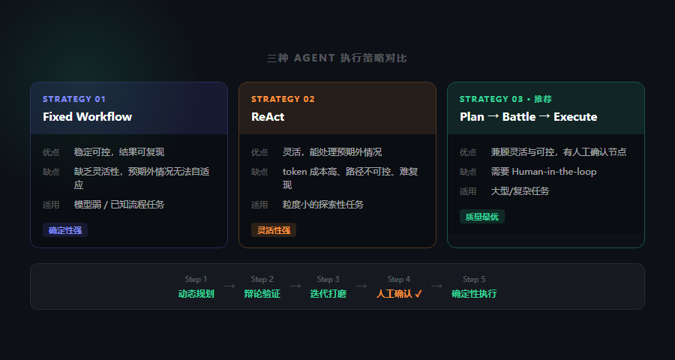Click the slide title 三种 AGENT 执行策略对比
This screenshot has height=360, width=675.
pyautogui.click(x=337, y=58)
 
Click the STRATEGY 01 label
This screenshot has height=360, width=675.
pyautogui.click(x=74, y=99)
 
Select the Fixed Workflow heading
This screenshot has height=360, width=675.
pyautogui.click(x=87, y=117)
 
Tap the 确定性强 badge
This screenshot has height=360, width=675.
pyautogui.click(x=65, y=230)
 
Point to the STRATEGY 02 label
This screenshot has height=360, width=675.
pyautogui.click(x=283, y=99)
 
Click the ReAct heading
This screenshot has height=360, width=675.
pyautogui.click(x=268, y=117)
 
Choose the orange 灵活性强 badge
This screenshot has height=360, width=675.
pyautogui.click(x=274, y=230)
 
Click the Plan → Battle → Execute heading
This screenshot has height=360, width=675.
pyautogui.click(x=528, y=117)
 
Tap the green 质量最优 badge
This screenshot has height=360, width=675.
pyautogui.click(x=482, y=217)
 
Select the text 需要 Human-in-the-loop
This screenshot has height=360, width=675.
pyautogui.click(x=533, y=172)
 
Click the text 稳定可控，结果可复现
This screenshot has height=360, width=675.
pyautogui.click(x=118, y=152)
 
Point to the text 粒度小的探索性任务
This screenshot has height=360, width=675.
pyautogui.click(x=322, y=205)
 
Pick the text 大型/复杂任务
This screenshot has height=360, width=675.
pyautogui.click(x=520, y=191)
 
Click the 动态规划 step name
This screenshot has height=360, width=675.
pyautogui.click(x=196, y=294)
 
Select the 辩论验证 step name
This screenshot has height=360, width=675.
pyautogui.click(x=262, y=294)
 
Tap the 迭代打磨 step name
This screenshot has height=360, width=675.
pyautogui.click(x=328, y=294)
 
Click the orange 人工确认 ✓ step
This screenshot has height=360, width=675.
pyautogui.click(x=399, y=294)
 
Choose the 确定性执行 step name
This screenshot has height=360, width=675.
pyautogui.click(x=474, y=294)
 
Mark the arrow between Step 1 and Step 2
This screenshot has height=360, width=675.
pyautogui.click(x=229, y=286)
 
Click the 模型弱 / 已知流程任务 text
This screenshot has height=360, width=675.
pyautogui.click(x=119, y=205)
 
